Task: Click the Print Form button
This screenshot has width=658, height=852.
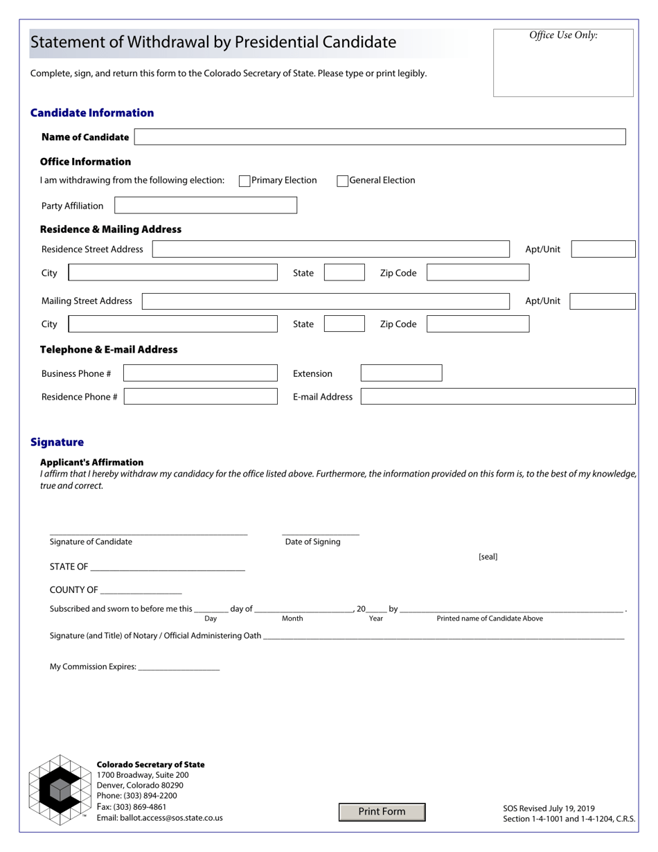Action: pos(382,812)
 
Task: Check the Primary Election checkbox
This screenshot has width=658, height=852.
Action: pos(244,181)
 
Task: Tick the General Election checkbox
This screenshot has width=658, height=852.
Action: pos(342,181)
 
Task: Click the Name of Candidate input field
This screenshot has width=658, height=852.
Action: pos(380,136)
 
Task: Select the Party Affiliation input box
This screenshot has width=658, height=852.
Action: pos(205,205)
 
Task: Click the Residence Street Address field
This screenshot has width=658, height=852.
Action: pos(330,249)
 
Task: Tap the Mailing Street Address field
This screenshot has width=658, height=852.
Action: pos(326,301)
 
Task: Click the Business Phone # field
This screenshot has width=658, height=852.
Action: pos(200,373)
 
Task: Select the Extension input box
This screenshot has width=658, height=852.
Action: pos(401,373)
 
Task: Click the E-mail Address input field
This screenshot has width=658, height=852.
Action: pos(498,396)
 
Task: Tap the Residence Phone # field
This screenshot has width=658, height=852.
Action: pos(200,396)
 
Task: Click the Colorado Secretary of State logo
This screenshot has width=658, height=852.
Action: pos(59,790)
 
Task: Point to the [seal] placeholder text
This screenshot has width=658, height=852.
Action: pos(488,557)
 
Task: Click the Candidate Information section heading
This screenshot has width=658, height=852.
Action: pos(92,113)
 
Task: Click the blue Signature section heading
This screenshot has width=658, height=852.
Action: pos(57,442)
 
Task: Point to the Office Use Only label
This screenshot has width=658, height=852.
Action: pos(563,35)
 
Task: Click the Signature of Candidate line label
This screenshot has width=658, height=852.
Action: pos(91,542)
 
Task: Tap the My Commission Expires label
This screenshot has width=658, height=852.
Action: pos(93,667)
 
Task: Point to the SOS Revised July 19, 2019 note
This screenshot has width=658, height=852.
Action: pos(549,808)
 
